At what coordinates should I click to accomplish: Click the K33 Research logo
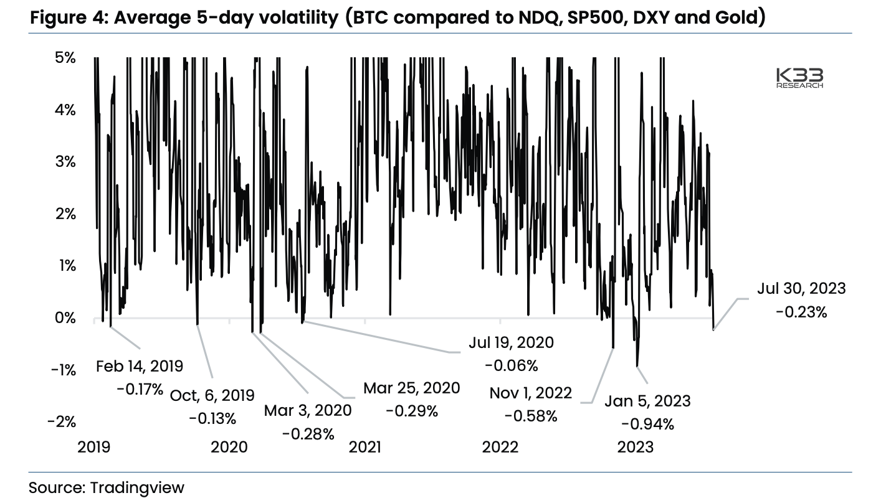pos(799,78)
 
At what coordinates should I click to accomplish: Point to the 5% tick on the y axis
pos(65,59)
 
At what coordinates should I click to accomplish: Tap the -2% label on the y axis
pos(62,422)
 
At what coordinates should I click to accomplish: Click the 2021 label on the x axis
pos(365,447)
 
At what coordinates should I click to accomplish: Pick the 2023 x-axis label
pos(635,447)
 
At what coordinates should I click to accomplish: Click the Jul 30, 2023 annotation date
pos(801,288)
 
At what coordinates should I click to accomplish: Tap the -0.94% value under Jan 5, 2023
pos(647,425)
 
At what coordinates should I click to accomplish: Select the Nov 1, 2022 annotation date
pos(530,393)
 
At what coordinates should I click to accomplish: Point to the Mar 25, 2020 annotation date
pos(411,388)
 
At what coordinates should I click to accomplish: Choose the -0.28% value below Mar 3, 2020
pos(308,433)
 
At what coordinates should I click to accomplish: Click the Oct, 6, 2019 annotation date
pos(212,395)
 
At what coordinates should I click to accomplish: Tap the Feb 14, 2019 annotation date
pos(140,366)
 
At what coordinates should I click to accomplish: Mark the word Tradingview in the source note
pos(137,486)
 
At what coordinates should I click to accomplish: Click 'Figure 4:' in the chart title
pos(69,17)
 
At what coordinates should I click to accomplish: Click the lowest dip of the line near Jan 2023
pos(637,366)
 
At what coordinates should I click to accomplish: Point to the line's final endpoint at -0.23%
pos(713,329)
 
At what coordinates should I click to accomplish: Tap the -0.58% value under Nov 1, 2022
pos(531,416)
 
